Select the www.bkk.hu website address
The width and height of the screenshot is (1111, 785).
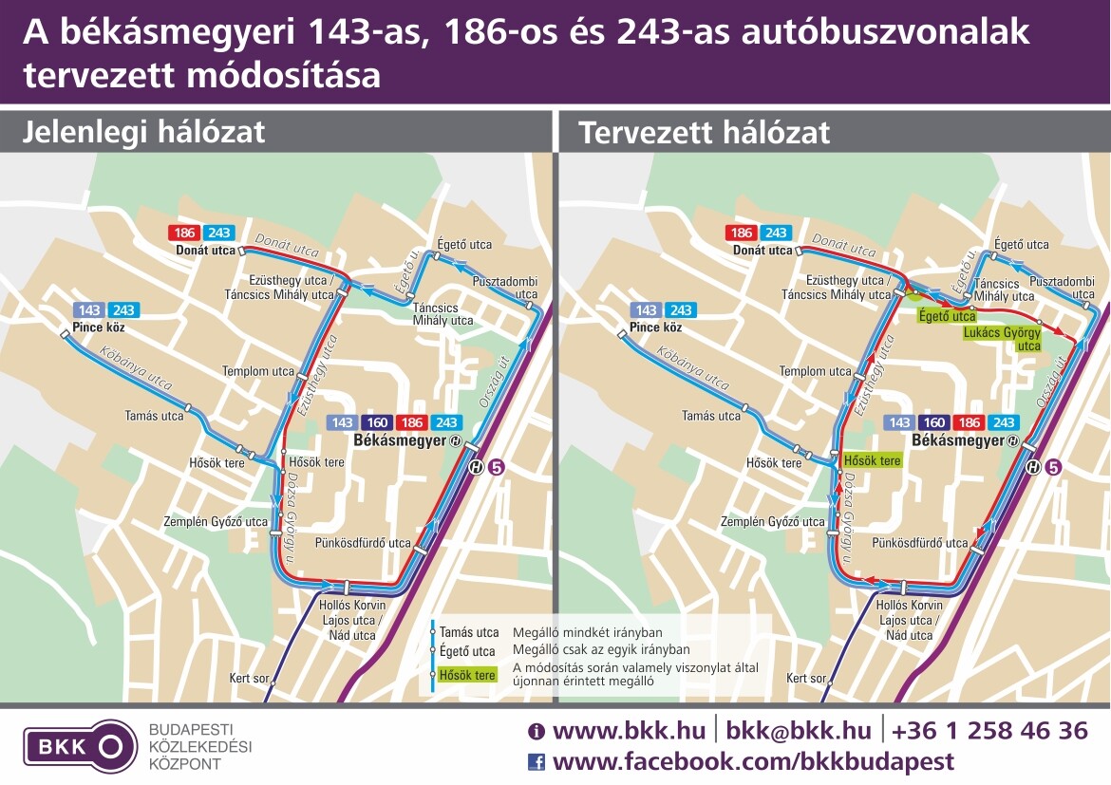click(x=629, y=731)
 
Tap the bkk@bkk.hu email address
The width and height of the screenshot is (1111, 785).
click(x=798, y=731)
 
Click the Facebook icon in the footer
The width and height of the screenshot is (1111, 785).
click(x=537, y=761)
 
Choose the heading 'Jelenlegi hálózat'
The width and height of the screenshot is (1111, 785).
click(x=144, y=132)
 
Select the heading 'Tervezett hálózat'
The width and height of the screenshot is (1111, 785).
click(x=704, y=133)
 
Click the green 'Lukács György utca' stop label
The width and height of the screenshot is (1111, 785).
click(x=1002, y=340)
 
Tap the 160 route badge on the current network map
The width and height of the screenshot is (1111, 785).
click(x=378, y=422)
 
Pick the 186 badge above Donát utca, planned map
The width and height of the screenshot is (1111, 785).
click(x=741, y=233)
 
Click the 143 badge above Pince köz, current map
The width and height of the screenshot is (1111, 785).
click(x=89, y=310)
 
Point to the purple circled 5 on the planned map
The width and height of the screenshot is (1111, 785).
click(x=1051, y=467)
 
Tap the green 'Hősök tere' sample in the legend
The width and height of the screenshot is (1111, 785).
click(x=466, y=676)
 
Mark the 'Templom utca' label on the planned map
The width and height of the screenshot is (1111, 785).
click(x=815, y=371)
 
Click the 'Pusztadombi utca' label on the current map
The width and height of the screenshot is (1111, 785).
click(x=505, y=288)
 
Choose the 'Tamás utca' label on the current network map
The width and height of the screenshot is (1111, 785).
click(x=154, y=416)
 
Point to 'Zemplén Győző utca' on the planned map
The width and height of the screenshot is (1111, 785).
click(x=772, y=521)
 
